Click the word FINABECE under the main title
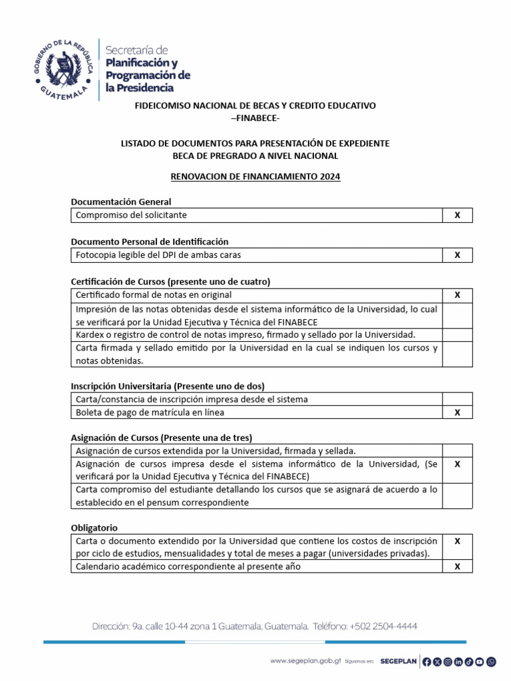coord(256,118)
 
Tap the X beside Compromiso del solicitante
coord(457,215)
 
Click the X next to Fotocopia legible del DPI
coord(457,255)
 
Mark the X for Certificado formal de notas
coord(457,295)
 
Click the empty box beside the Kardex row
coord(457,335)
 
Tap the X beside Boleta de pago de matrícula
coord(457,412)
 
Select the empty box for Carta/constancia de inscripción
coord(457,399)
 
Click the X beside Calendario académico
coord(457,567)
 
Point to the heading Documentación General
coord(121,202)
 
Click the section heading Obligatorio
coord(94,527)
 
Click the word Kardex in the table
coord(89,335)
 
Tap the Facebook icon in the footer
coord(427,661)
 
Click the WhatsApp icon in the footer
coord(491,661)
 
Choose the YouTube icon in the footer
coord(480,661)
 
